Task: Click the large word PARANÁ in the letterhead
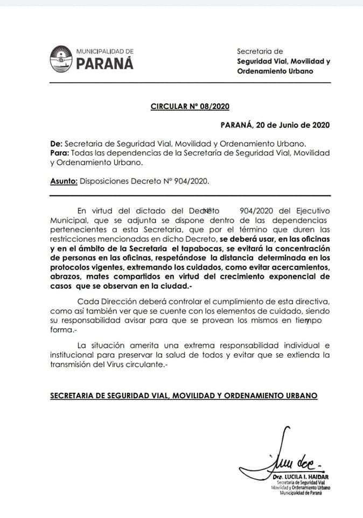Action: [105, 63]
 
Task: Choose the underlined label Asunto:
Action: [64, 182]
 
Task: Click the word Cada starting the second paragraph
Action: [87, 300]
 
